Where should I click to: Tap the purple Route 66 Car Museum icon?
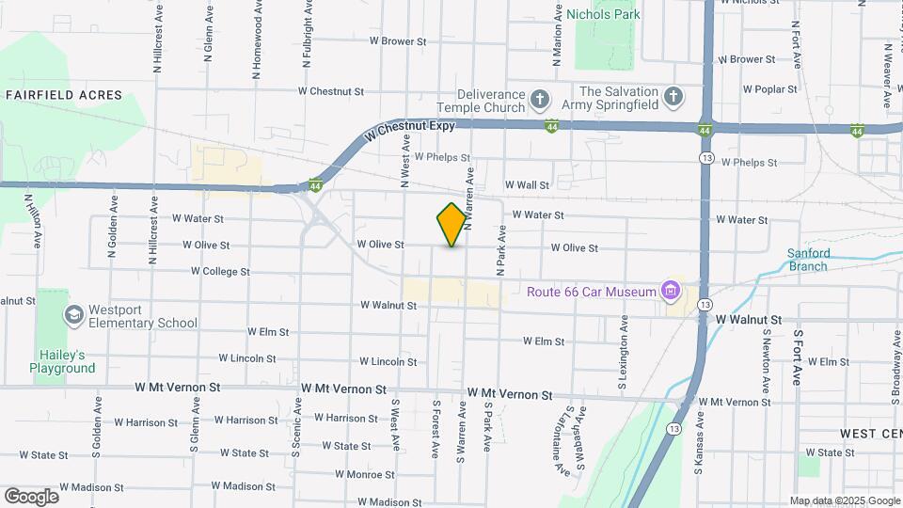click(670, 291)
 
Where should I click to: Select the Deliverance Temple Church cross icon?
click(539, 99)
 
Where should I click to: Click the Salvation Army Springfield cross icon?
click(673, 97)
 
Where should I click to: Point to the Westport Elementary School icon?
click(72, 314)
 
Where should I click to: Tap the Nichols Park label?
click(603, 14)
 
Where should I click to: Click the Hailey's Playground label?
click(63, 361)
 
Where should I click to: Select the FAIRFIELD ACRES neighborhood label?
click(64, 95)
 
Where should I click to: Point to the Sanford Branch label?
click(808, 260)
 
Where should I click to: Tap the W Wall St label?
click(527, 185)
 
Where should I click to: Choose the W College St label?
click(220, 271)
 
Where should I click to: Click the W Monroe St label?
click(351, 474)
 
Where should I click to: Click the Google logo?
click(31, 496)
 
